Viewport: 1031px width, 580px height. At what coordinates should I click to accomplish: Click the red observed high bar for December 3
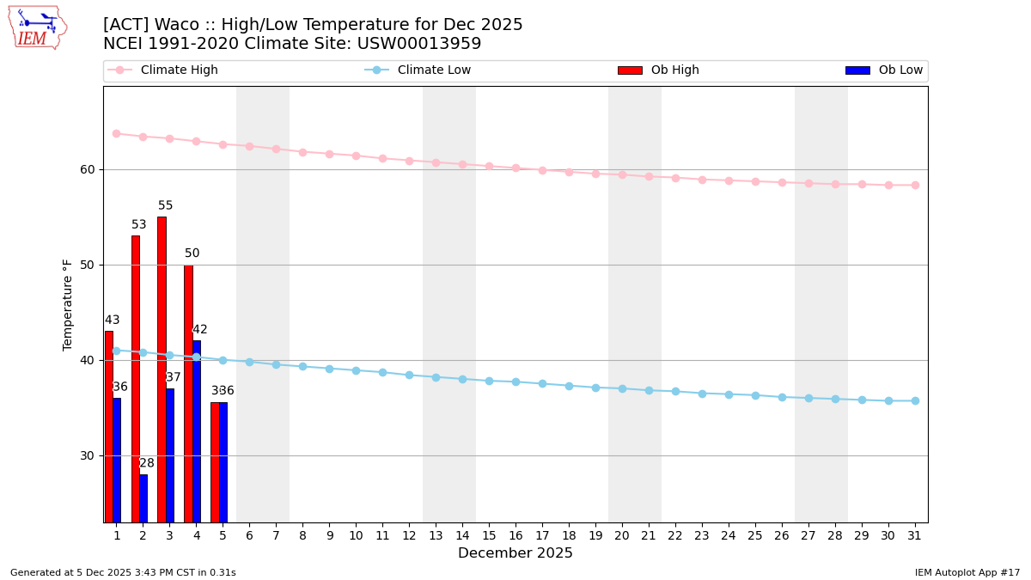162,369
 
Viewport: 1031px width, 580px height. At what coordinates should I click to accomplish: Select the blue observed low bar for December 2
143,498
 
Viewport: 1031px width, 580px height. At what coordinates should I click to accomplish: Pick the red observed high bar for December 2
135,378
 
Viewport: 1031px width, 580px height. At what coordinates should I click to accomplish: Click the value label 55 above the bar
165,206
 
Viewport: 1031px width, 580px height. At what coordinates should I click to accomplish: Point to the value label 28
147,464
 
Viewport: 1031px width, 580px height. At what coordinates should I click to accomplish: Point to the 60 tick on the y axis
87,169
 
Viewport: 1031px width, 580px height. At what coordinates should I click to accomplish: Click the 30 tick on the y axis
87,455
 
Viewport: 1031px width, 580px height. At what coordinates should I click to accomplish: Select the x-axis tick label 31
915,536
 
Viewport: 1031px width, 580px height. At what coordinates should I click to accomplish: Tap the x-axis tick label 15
489,536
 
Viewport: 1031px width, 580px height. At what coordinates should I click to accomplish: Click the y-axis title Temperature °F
68,304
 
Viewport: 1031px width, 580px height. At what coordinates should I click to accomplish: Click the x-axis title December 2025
515,553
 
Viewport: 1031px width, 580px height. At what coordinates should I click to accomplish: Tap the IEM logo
37,27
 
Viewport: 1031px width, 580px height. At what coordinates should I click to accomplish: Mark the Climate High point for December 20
622,174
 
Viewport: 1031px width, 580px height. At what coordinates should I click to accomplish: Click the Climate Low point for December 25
755,395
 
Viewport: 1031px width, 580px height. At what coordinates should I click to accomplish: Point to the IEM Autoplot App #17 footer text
967,572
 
